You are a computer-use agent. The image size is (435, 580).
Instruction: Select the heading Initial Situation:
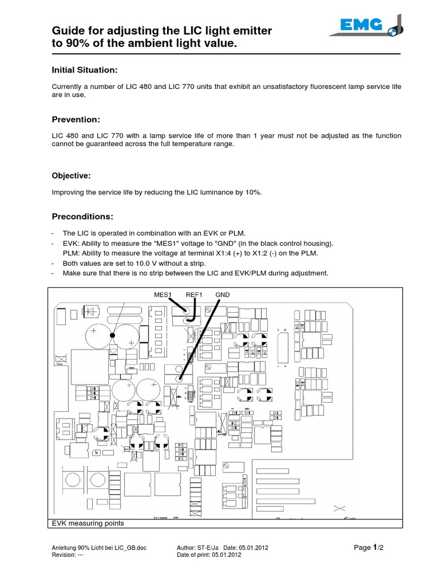(x=84, y=70)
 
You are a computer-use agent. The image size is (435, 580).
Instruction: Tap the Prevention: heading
(x=76, y=120)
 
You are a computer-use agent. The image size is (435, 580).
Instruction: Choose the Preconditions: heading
(x=83, y=216)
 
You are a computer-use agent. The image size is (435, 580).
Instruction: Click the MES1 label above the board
(x=165, y=295)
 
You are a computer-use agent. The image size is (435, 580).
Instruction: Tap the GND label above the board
(x=223, y=295)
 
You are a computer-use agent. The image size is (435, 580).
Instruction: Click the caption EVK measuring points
(x=87, y=523)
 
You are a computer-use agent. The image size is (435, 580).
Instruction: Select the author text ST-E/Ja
(x=204, y=548)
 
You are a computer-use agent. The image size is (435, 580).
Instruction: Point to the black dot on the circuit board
(x=112, y=336)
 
